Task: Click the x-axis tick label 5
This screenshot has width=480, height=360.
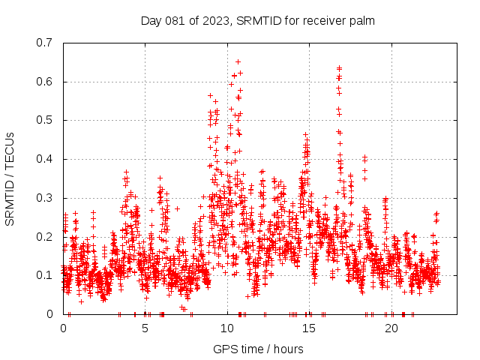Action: point(145,328)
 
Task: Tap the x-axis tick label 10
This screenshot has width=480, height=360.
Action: point(227,328)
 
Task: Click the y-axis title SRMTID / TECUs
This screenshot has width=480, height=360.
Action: point(10,178)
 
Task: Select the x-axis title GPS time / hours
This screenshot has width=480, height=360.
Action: point(258,349)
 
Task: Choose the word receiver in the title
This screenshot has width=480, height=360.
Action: point(324,20)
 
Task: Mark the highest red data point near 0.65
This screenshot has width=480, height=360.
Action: point(238,61)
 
